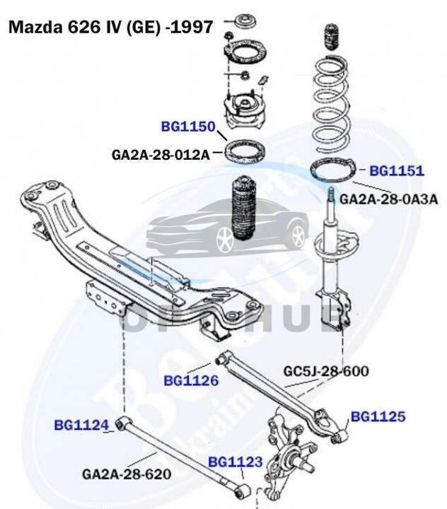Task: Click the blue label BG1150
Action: (x=187, y=127)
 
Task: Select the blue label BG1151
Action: (x=396, y=170)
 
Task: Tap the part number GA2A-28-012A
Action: (x=161, y=154)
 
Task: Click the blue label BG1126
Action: (x=191, y=380)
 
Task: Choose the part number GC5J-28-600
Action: (x=326, y=370)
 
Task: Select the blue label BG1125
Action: (x=378, y=416)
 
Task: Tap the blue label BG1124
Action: (x=81, y=425)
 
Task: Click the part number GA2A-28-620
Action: (x=127, y=473)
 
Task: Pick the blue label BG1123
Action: (x=236, y=462)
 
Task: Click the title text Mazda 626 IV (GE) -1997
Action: (x=110, y=28)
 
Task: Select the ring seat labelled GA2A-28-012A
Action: (x=245, y=151)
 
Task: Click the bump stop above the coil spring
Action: (x=331, y=39)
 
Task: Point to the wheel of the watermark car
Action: (x=225, y=240)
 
